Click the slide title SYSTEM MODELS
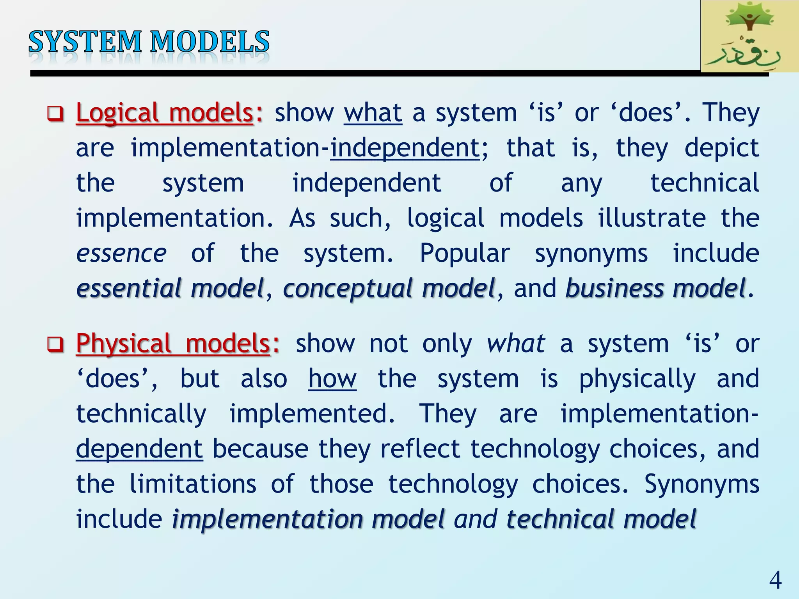coord(149,42)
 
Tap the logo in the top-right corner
coord(749,36)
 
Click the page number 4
coord(775,580)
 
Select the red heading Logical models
coord(165,113)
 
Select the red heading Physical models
coord(173,344)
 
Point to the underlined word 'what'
coord(373,113)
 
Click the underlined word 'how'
coord(332,379)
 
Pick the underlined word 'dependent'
coord(139,449)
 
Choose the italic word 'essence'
coord(121,253)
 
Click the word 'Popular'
coord(465,253)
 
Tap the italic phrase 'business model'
coord(655,289)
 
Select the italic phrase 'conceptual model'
coord(389,289)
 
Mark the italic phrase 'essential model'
coord(170,289)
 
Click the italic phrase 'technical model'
coord(601,519)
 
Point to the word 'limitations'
coord(193,484)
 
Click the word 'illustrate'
coord(652,218)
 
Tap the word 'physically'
coord(637,379)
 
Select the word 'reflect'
coord(420,449)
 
